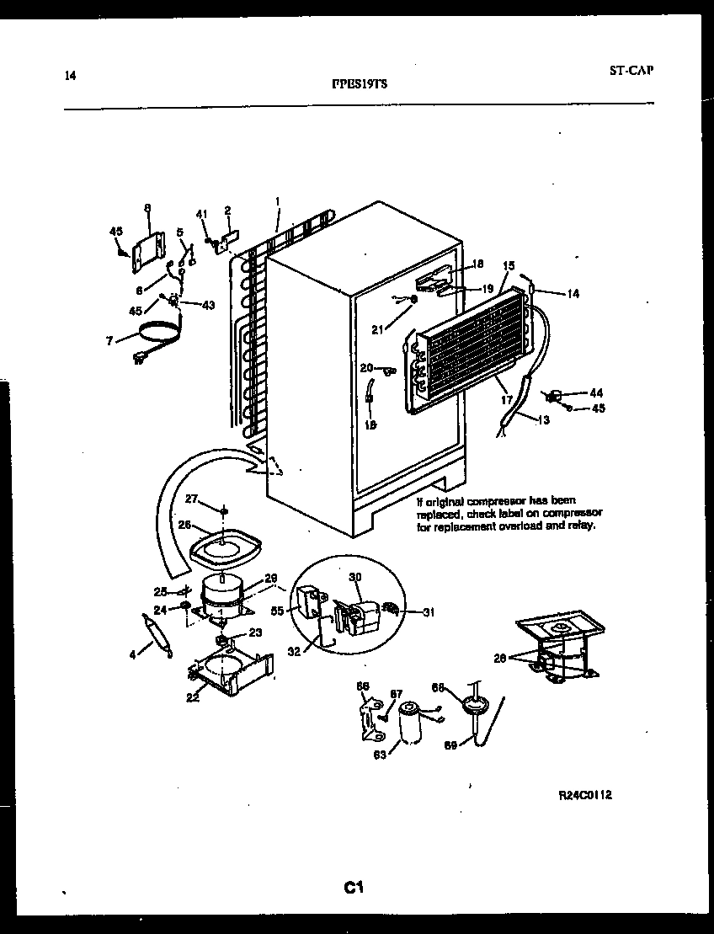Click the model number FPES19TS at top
pos(360,83)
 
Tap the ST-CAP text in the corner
pos(631,70)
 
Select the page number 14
pos(70,77)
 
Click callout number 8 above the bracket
pos(147,207)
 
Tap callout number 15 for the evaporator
pos(508,265)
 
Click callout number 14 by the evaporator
pos(573,294)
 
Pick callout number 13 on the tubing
pos(543,420)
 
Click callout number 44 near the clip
pos(596,392)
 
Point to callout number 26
pos(184,525)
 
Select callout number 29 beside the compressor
pos(271,578)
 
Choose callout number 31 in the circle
pos(429,612)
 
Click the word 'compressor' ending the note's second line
pos(573,513)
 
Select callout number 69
pos(450,745)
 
